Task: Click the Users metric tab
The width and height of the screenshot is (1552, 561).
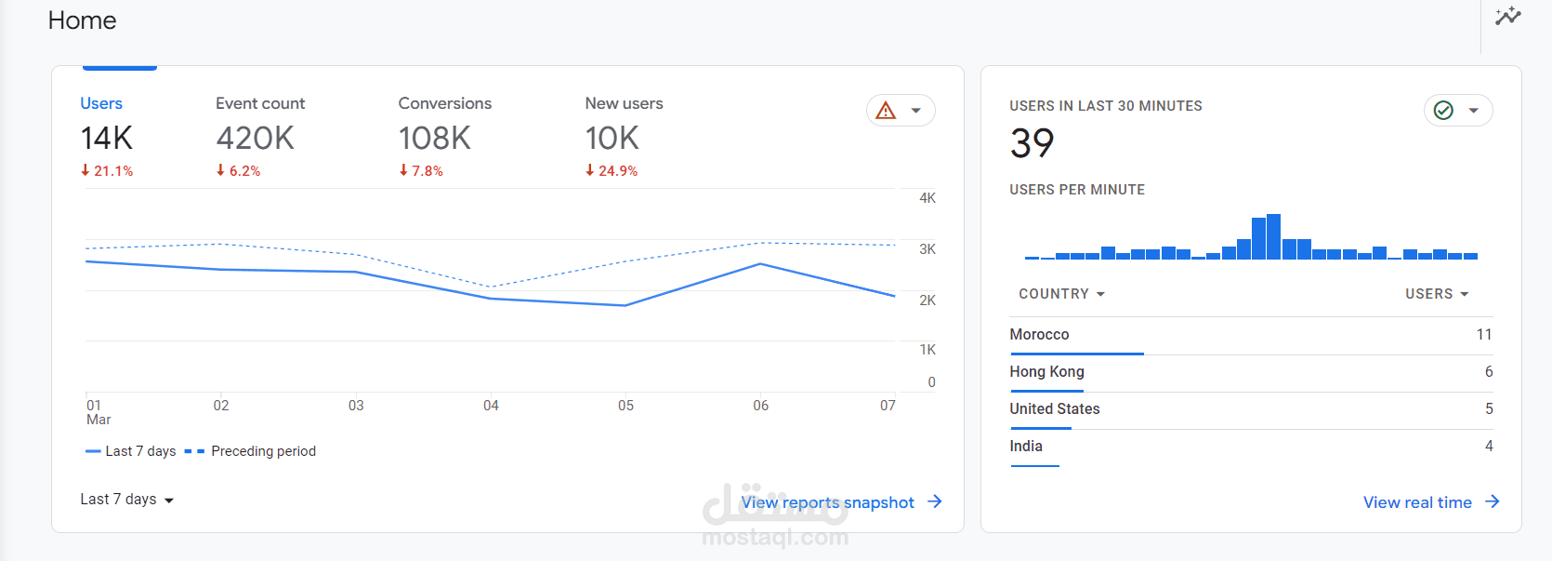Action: (101, 103)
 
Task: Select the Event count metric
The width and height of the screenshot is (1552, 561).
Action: (260, 103)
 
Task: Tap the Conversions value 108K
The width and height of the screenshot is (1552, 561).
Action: (435, 139)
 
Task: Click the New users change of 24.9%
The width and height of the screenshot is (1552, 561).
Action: (612, 171)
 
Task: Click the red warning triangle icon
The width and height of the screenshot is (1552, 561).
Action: (887, 111)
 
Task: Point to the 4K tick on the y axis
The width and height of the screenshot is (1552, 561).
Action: (927, 198)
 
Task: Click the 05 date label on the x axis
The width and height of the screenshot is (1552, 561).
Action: (626, 406)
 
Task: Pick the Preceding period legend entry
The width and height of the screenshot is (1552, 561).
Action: (263, 451)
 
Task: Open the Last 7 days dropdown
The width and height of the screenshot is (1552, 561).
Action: (127, 500)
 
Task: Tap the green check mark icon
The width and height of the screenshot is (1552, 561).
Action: (1443, 111)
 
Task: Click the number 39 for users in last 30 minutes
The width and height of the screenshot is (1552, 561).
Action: (1032, 143)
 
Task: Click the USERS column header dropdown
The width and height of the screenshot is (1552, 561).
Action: (1437, 294)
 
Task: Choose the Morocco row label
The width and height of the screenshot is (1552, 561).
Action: (1039, 335)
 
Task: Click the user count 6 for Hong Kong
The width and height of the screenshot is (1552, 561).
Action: (1489, 372)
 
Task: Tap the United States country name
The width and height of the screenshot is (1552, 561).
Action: (1055, 409)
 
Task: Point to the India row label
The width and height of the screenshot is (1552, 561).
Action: (1026, 447)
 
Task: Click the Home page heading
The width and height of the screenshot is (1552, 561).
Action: (82, 20)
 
